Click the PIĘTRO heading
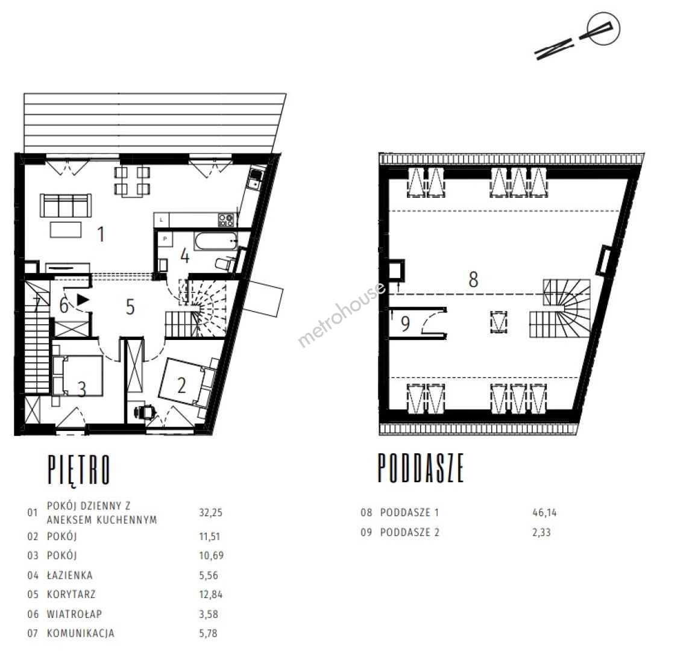78,471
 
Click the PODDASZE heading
421,468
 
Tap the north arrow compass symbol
577,36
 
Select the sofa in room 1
66,205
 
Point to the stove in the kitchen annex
226,219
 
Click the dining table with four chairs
132,181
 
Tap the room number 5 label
130,307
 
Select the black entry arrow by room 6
83,300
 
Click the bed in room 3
78,376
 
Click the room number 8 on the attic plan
473,279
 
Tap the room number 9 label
405,323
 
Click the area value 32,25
210,512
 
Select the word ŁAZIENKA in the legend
70,575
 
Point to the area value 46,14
544,512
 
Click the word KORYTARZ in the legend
71,594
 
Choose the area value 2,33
541,532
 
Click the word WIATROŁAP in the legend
74,614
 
